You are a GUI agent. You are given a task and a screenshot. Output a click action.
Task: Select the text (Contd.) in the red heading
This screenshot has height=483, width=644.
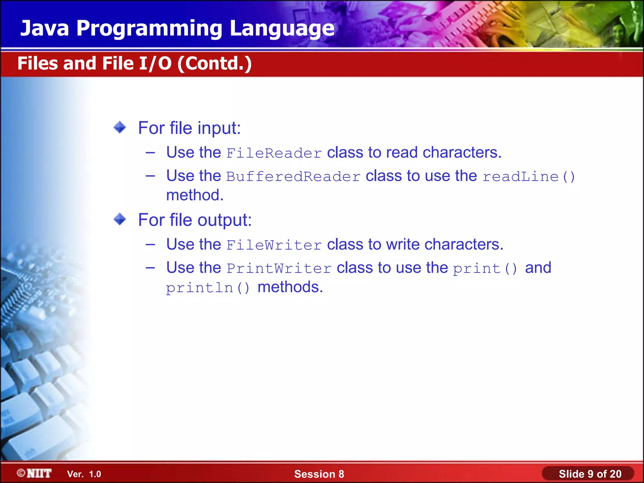[x=214, y=64]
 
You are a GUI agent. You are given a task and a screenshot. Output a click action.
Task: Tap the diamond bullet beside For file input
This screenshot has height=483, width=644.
[x=120, y=127]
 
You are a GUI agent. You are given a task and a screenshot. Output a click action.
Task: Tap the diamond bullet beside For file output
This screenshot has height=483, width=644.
[x=120, y=219]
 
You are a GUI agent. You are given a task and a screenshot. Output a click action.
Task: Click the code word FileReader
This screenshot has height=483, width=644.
[x=274, y=153]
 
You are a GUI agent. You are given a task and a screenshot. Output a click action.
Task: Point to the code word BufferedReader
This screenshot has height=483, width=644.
[x=293, y=176]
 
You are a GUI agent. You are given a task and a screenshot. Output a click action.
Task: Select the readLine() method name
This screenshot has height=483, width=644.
[x=529, y=176]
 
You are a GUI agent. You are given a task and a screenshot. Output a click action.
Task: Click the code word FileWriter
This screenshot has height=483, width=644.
[x=274, y=245]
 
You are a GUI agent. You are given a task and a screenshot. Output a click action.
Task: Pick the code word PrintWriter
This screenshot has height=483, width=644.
[x=279, y=268]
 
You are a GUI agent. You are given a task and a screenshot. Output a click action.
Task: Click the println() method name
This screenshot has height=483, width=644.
[x=208, y=288]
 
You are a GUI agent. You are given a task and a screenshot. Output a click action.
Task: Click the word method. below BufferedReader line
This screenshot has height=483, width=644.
[x=195, y=195]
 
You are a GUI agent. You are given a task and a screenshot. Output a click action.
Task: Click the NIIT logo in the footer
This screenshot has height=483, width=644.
[x=35, y=473]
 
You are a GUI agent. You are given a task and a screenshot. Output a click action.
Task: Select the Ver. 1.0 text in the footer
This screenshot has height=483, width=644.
[x=84, y=474]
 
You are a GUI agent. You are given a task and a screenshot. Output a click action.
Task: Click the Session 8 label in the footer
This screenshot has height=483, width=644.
[x=319, y=474]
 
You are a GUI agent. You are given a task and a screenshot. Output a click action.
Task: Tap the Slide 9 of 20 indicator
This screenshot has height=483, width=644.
[x=590, y=474]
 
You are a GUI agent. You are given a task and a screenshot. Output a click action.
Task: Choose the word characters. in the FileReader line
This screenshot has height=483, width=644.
[x=462, y=153]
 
